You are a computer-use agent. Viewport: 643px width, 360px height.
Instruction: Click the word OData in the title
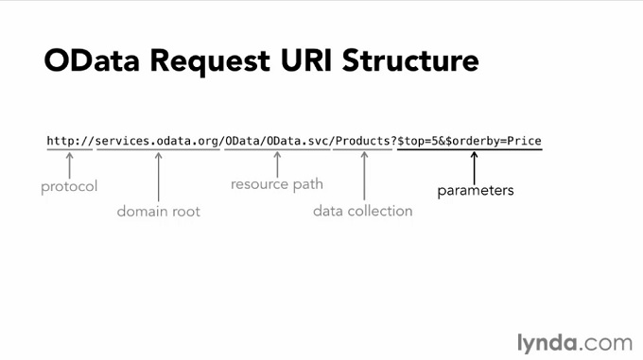pos(92,60)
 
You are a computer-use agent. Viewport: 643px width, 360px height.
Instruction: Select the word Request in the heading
pos(210,62)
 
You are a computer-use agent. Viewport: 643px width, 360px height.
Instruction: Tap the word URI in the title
pos(305,60)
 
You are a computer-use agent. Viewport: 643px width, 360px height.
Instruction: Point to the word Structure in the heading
pos(410,60)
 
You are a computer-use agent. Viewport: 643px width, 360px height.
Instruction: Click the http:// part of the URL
pos(70,142)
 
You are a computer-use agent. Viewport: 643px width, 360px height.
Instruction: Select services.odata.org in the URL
pos(158,142)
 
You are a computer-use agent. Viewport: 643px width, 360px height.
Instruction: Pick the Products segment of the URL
pos(363,142)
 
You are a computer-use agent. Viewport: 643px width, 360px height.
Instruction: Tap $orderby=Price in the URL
pos(494,142)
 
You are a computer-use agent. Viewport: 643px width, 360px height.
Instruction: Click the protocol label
pos(69,187)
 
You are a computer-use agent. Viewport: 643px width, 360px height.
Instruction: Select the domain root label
pos(159,212)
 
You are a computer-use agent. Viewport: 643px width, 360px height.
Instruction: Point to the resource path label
pos(277,184)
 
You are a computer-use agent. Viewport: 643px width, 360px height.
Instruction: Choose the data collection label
pos(363,211)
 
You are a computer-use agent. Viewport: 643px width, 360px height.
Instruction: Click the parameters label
pos(476,191)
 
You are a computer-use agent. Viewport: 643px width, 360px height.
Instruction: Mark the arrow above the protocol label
pos(70,165)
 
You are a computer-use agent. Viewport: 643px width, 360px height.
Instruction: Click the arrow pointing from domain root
pos(159,177)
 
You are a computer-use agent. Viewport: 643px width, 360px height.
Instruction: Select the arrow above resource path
pos(277,164)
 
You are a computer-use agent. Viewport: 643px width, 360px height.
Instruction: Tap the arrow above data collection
pos(364,176)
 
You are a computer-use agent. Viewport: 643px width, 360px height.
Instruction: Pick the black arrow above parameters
pos(475,167)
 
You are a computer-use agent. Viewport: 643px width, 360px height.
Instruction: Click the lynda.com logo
pos(575,343)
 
